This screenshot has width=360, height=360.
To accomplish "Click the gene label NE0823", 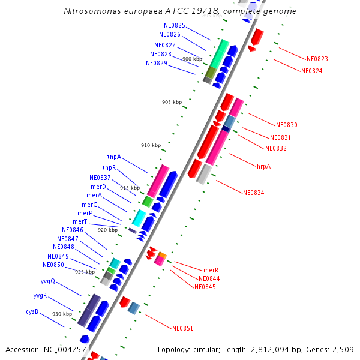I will pos(317,59).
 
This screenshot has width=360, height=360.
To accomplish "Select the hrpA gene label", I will pos(263,166).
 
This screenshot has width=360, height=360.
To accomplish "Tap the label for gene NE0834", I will pos(253,193).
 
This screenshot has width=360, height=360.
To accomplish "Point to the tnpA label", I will pos(114,157).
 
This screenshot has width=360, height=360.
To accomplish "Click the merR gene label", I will pos(211,270).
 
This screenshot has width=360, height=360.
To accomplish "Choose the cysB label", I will pos(32,311).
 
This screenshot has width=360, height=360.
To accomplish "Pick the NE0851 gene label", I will pos(182,328).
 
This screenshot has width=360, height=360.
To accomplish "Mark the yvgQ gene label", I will pos(47,281).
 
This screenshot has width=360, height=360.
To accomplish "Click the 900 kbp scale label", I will pos(192,59).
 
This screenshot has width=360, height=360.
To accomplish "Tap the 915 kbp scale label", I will pos(130,188).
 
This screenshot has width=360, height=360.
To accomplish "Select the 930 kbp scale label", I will pos(62,314).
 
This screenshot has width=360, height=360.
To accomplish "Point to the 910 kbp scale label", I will pos(151,145).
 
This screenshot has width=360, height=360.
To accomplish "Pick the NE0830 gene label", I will pos(286,125).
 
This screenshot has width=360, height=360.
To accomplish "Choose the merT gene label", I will pos(80,221).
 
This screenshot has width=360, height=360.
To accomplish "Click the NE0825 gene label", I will pos(174,25).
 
